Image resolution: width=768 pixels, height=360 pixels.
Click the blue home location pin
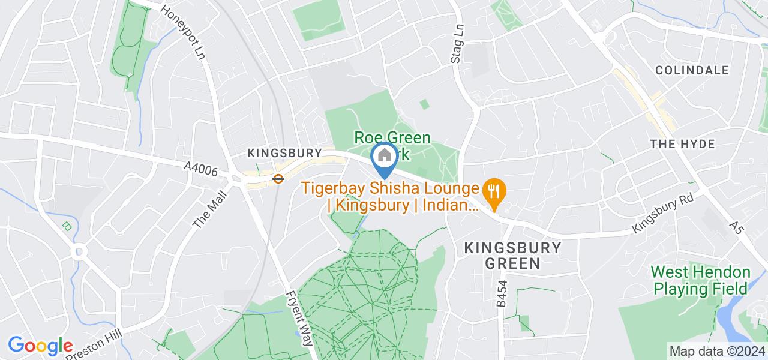pyautogui.click(x=384, y=157)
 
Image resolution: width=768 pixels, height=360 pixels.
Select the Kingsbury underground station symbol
pyautogui.click(x=278, y=178)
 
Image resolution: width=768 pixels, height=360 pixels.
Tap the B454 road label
pyautogui.click(x=502, y=295)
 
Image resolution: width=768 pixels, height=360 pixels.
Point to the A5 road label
pyautogui.click(x=736, y=227)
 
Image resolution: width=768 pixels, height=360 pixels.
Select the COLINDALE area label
pyautogui.click(x=692, y=70)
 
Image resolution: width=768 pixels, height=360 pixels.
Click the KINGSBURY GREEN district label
pyautogui.click(x=512, y=255)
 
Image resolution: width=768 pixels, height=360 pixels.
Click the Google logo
pyautogui.click(x=40, y=346)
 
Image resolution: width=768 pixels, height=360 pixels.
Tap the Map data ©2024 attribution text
pyautogui.click(x=717, y=351)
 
